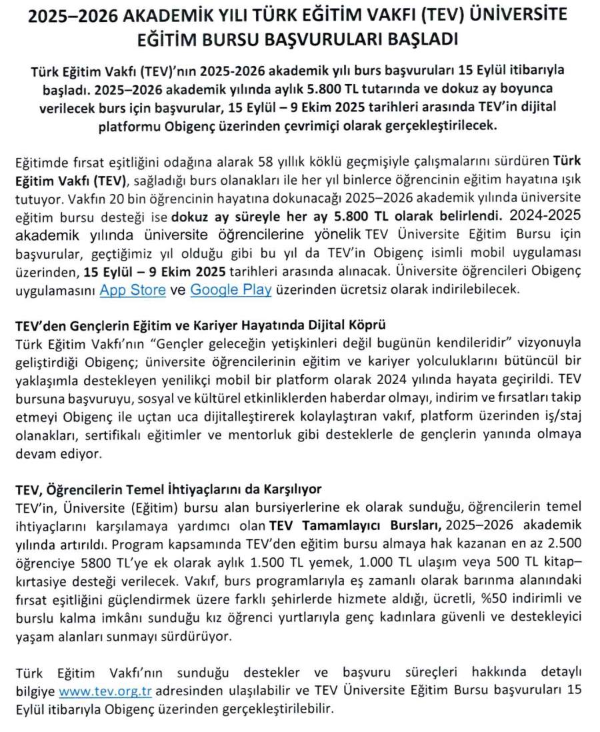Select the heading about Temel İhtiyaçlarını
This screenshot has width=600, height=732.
[x=168, y=491]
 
